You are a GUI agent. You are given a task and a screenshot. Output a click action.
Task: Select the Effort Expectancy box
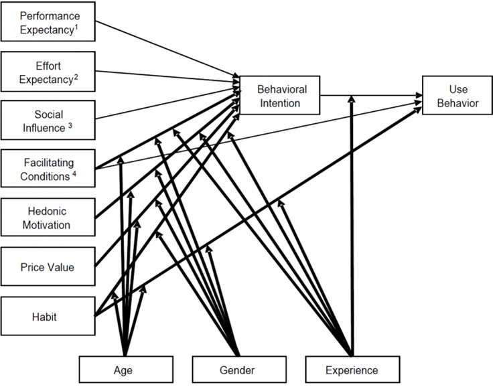point(48,72)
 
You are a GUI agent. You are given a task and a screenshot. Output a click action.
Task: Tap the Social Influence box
point(48,121)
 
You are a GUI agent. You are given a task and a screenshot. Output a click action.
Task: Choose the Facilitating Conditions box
point(48,169)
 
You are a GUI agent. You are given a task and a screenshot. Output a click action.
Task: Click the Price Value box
point(48,267)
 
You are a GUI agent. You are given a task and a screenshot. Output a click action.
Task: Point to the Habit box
point(48,317)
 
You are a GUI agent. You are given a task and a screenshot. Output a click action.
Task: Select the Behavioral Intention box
point(279,96)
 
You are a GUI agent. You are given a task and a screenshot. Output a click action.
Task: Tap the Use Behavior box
point(455,96)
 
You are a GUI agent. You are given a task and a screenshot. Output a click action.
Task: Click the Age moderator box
point(126,370)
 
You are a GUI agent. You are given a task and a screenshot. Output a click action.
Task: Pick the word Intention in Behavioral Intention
point(279,103)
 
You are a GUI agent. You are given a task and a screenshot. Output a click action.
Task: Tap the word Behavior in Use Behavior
point(455,103)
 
